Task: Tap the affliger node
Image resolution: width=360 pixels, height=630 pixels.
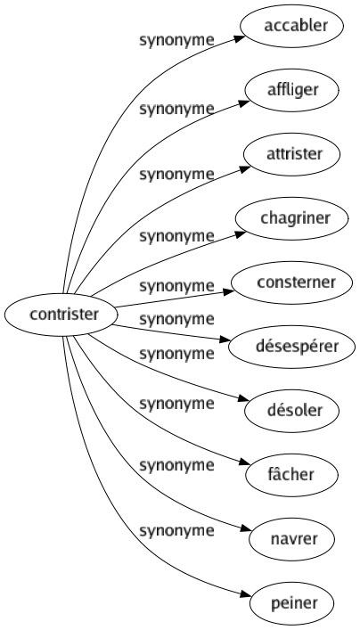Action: (295, 89)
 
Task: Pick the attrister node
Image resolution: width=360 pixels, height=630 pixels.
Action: (295, 153)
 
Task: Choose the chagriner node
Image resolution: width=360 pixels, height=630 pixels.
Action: (295, 217)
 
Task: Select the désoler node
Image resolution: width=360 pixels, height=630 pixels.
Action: (295, 410)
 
